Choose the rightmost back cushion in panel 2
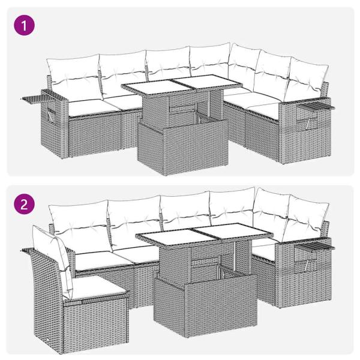(307, 221)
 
